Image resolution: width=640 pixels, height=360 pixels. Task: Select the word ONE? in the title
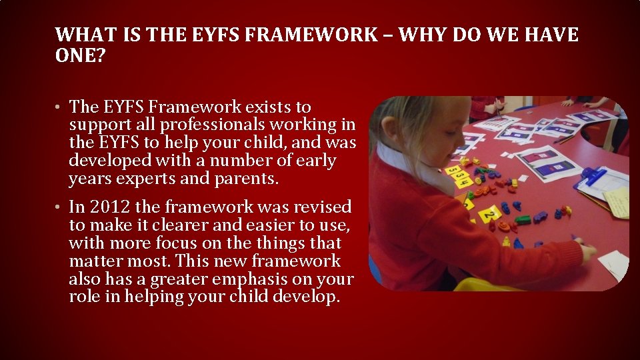(x=80, y=55)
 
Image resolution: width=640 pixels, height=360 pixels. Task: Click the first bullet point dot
(x=59, y=107)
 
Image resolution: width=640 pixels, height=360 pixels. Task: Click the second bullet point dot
(x=59, y=208)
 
